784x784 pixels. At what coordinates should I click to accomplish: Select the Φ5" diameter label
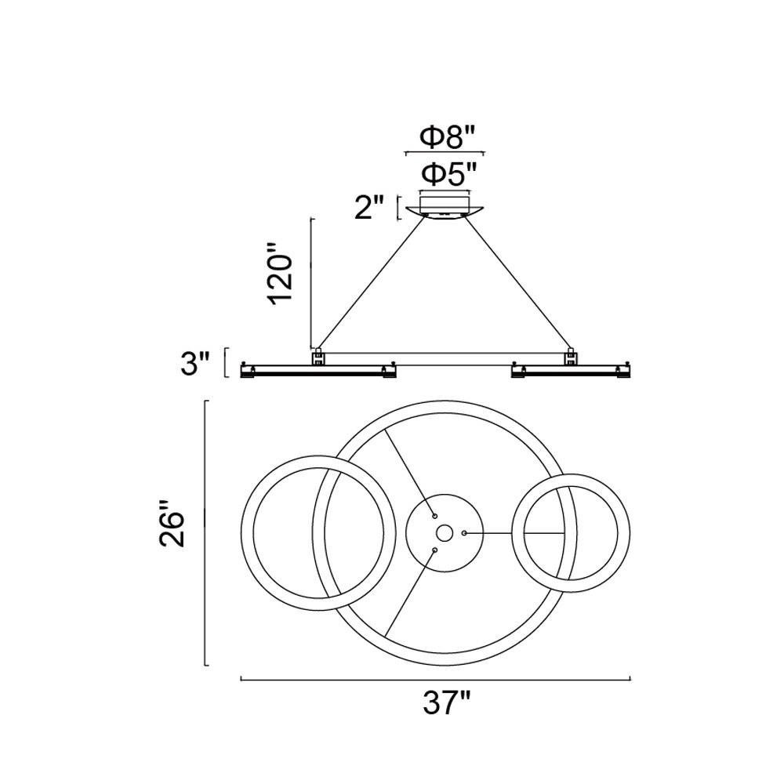[x=447, y=175]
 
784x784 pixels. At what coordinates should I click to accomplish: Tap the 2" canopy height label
[x=369, y=208]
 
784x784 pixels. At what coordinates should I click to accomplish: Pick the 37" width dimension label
[x=447, y=703]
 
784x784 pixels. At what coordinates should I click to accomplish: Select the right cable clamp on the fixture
[x=571, y=357]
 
